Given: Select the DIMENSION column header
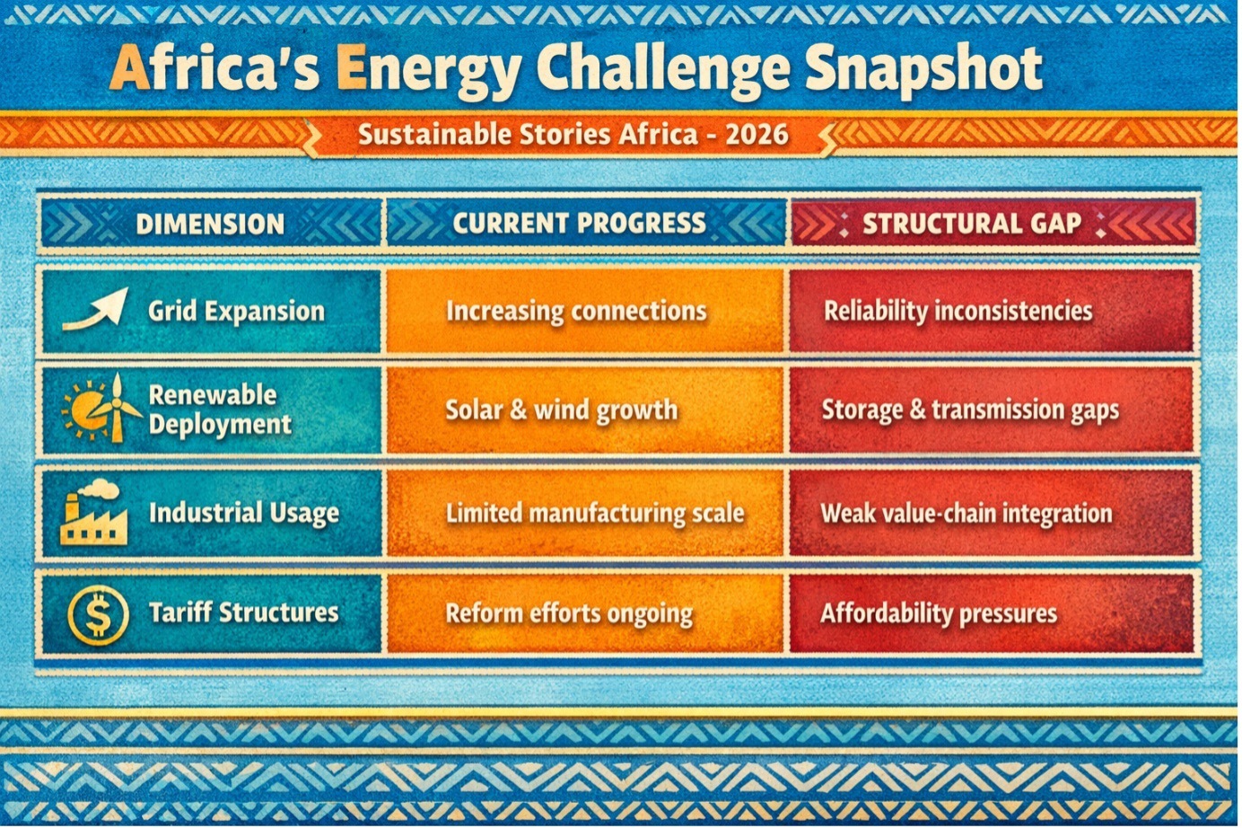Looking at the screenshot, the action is click(x=211, y=224).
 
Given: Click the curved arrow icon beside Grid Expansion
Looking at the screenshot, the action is click(x=95, y=310).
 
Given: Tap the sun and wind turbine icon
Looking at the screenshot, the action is click(x=101, y=409).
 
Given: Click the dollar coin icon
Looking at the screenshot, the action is click(x=98, y=614).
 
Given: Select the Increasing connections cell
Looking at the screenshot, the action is click(x=585, y=311).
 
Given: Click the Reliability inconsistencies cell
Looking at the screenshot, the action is click(x=992, y=311).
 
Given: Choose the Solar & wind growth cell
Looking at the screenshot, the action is click(x=585, y=410).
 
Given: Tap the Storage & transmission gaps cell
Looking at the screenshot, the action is click(x=992, y=410).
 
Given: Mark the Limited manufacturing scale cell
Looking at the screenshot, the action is click(x=585, y=513).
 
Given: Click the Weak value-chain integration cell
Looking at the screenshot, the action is click(x=992, y=513).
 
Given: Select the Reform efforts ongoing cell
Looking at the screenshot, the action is click(x=585, y=613).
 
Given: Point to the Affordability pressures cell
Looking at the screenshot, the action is click(x=992, y=613).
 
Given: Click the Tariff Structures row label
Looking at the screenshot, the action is click(x=244, y=612).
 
